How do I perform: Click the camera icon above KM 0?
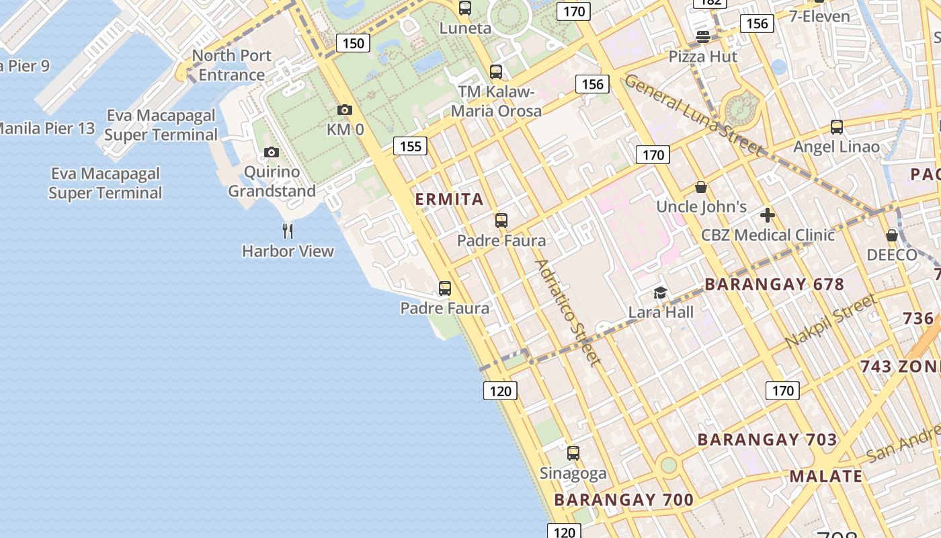tap(344, 110)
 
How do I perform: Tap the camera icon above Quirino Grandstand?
tap(272, 152)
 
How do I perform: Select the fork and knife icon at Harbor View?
tap(288, 231)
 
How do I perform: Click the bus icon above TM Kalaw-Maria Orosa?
tap(496, 71)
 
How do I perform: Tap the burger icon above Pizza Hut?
tap(703, 36)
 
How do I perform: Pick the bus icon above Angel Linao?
tap(837, 126)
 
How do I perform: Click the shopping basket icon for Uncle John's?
tap(701, 187)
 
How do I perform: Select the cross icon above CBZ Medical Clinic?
tap(768, 215)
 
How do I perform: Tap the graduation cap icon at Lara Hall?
tap(661, 293)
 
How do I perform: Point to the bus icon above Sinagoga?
tap(573, 453)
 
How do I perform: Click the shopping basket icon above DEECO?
tap(892, 235)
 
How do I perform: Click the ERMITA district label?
tap(450, 199)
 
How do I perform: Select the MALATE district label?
tap(825, 477)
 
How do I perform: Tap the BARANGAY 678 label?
tap(774, 284)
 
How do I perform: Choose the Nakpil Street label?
tap(831, 321)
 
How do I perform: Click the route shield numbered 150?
tap(353, 44)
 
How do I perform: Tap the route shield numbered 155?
tap(410, 146)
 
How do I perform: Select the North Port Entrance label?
tap(231, 65)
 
